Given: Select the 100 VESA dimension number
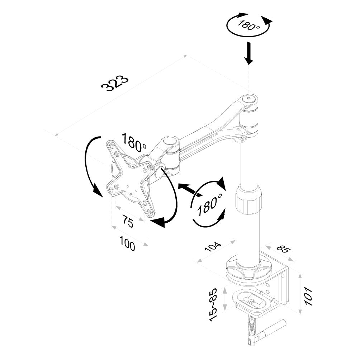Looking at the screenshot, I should click(x=127, y=245).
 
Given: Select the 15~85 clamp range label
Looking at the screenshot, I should click(x=214, y=304).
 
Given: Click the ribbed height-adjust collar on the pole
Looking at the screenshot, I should click(x=248, y=202).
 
